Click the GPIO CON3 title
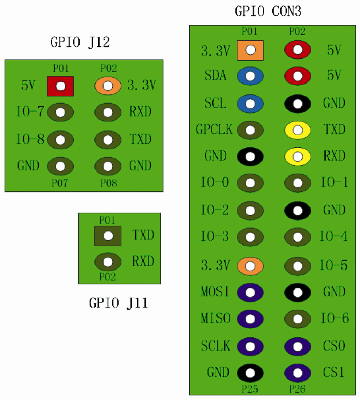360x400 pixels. pyautogui.click(x=268, y=11)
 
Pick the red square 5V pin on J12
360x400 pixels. pyautogui.click(x=61, y=86)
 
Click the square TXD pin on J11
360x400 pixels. pyautogui.click(x=108, y=236)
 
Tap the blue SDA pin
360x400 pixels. pyautogui.click(x=250, y=76)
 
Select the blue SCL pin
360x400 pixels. pyautogui.click(x=250, y=103)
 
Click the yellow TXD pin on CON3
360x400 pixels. pyautogui.click(x=297, y=130)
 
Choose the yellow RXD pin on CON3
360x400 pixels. pyautogui.click(x=297, y=156)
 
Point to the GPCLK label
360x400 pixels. pyautogui.click(x=214, y=130)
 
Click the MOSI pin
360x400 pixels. pyautogui.click(x=250, y=292)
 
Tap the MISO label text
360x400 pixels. pyautogui.click(x=216, y=318)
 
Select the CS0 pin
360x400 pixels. pyautogui.click(x=297, y=346)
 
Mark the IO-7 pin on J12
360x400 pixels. pyautogui.click(x=61, y=112)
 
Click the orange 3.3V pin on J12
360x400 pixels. pyautogui.click(x=108, y=86)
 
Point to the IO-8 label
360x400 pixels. pyautogui.click(x=30, y=139)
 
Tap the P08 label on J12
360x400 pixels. pyautogui.click(x=109, y=183)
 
